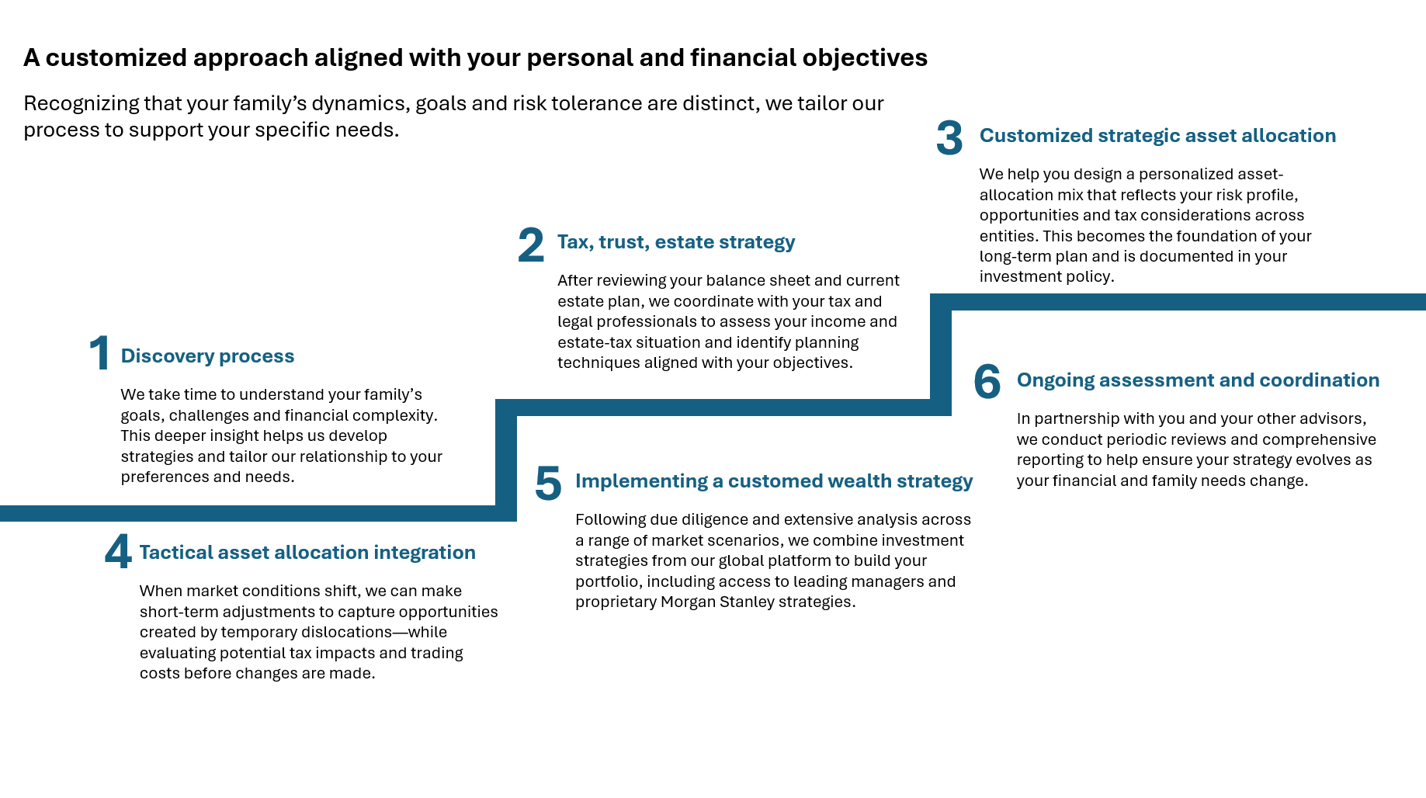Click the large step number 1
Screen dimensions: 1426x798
pos(99,353)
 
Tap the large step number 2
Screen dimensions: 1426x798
pos(531,245)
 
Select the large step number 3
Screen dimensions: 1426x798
pos(949,138)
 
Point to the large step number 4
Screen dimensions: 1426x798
pos(118,553)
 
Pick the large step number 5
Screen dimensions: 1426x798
pos(548,483)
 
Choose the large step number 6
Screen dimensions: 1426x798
pos(987,382)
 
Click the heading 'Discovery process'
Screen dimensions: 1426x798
pos(207,356)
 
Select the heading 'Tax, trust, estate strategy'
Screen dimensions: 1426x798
pos(676,242)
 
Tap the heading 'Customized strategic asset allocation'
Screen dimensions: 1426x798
pos(1157,136)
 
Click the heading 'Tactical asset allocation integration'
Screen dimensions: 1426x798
pos(307,553)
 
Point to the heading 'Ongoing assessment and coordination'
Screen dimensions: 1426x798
pos(1198,380)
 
